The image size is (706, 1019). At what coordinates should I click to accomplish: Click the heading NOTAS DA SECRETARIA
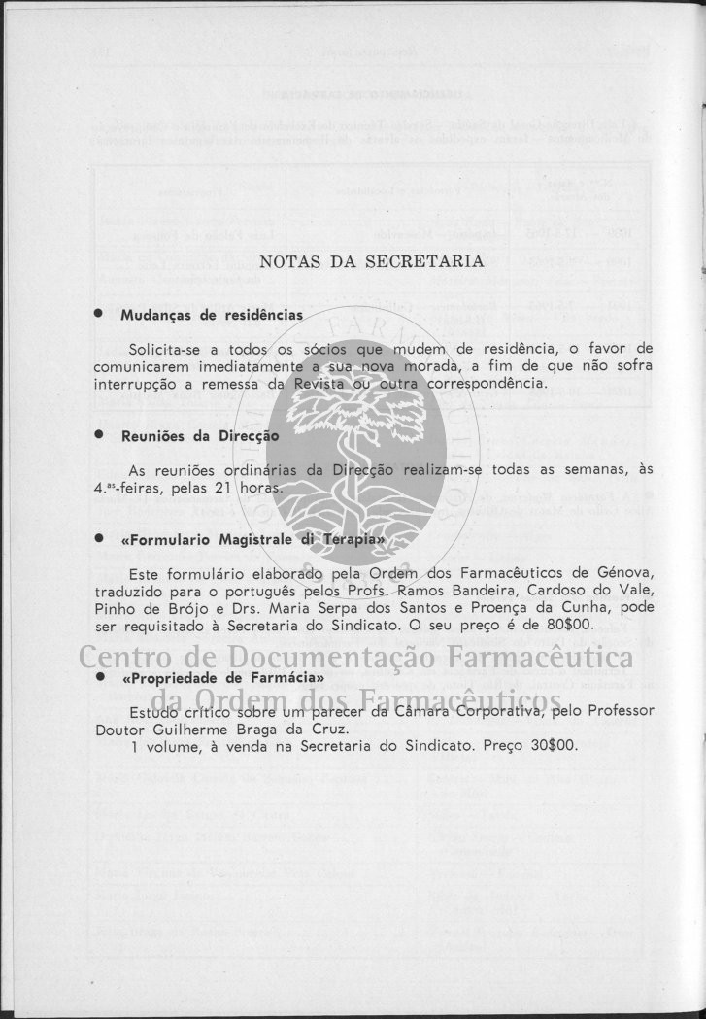pos(372,261)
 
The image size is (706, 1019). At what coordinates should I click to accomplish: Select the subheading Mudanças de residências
pos(211,316)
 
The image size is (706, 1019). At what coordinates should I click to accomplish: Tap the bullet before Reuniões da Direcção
pos(98,436)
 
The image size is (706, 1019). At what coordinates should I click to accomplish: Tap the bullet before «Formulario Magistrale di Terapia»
pos(98,537)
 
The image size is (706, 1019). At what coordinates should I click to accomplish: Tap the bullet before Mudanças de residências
pos(98,315)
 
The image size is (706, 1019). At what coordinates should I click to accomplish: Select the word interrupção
pos(137,384)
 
